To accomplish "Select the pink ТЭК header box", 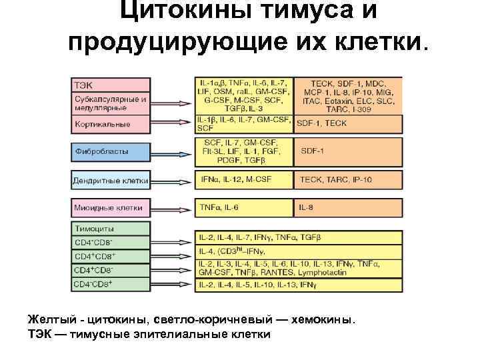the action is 111,85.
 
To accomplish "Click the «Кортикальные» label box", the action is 111,124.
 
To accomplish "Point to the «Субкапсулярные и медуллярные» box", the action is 111,103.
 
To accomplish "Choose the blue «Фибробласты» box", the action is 111,151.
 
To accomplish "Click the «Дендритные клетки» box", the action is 111,180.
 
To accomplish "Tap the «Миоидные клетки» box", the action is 111,208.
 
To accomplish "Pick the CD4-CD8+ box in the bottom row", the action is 111,284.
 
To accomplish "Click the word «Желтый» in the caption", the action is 47,319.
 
